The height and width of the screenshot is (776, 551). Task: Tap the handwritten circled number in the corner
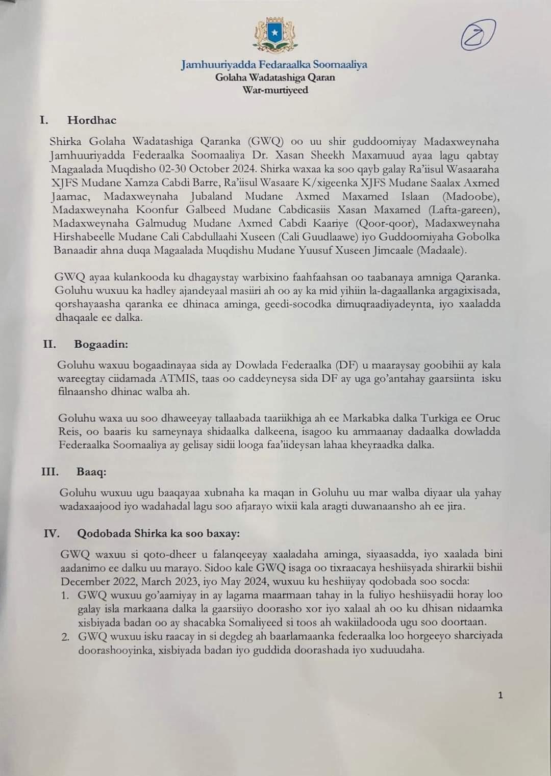click(x=478, y=34)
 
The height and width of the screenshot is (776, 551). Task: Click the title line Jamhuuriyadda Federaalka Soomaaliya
click(x=274, y=65)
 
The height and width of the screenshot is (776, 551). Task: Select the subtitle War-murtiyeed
click(x=275, y=90)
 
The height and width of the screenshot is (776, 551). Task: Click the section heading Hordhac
click(x=92, y=120)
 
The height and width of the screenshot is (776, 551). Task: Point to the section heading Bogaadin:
click(x=101, y=344)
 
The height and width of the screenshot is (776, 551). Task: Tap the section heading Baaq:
click(x=91, y=472)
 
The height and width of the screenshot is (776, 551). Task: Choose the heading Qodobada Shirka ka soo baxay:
click(x=158, y=533)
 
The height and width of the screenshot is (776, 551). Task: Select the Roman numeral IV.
click(x=52, y=533)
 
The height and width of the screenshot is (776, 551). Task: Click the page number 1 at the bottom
click(x=500, y=695)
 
